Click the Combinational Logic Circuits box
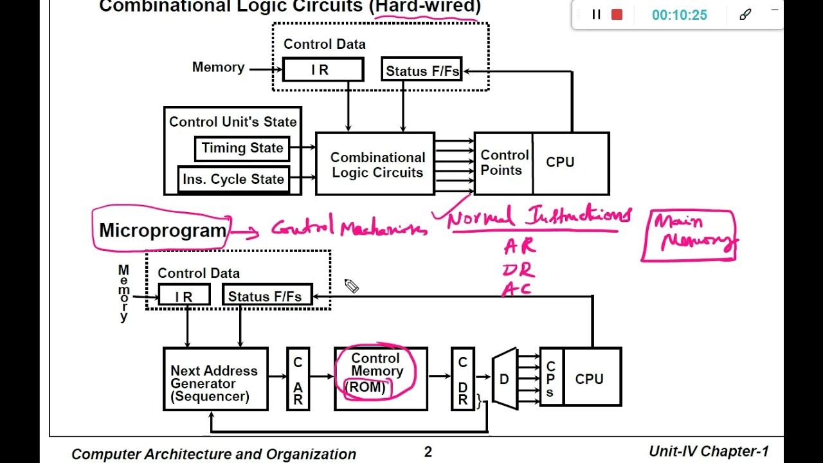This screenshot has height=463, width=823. tap(375, 164)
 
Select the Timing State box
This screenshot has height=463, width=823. tap(242, 149)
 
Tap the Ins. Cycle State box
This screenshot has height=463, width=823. tap(233, 179)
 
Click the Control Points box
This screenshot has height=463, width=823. tap(503, 163)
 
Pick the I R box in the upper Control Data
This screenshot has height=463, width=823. tap(323, 70)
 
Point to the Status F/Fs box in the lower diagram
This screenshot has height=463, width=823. tap(267, 296)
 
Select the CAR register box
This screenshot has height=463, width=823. tap(298, 379)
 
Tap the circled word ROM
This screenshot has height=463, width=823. tap(366, 388)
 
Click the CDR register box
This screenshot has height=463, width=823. tap(462, 379)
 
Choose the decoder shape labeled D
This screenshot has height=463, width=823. tap(505, 379)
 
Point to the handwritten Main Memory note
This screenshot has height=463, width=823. tap(689, 234)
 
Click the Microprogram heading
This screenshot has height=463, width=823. tap(163, 230)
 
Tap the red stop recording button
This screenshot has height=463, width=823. tap(617, 15)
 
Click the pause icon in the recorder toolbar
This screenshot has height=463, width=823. tap(596, 15)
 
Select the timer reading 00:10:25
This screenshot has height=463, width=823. tap(679, 15)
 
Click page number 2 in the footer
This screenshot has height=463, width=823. tap(428, 452)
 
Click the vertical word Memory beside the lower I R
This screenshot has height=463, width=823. tap(123, 293)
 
